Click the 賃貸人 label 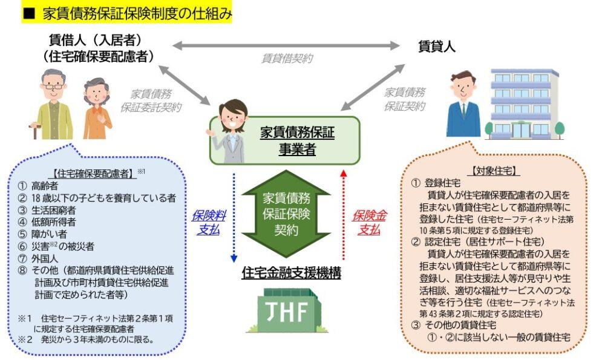click(x=436, y=46)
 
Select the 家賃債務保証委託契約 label click(x=155, y=100)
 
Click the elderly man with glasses click(x=53, y=104)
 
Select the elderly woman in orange click(x=97, y=110)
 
